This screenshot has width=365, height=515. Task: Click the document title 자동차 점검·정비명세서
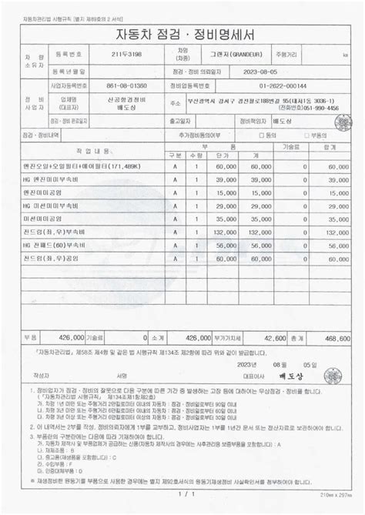click(x=182, y=35)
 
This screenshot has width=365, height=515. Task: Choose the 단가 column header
click(x=224, y=155)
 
